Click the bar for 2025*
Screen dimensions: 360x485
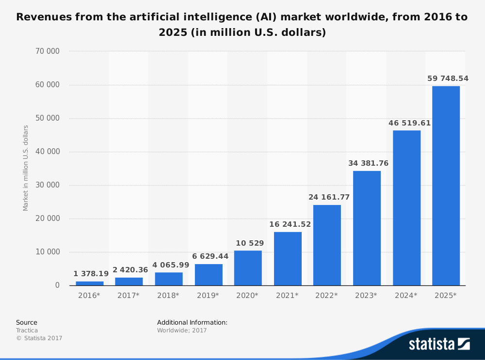tap(446, 186)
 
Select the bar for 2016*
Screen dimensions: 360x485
tap(90, 283)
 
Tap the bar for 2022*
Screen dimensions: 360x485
tap(327, 245)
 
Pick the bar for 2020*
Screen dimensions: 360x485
tap(248, 267)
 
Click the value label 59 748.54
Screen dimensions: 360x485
tap(448, 78)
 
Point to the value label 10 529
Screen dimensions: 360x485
tap(248, 243)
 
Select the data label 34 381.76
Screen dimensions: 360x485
tap(368, 163)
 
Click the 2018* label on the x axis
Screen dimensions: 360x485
tap(168, 295)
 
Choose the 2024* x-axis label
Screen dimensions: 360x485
tap(406, 295)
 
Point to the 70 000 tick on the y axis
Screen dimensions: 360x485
tap(48, 51)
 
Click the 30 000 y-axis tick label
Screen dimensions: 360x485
tap(48, 185)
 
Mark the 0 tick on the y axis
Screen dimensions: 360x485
tap(57, 285)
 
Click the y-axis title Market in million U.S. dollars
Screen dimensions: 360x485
tap(26, 168)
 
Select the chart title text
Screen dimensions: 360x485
tap(242, 25)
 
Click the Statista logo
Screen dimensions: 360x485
tap(439, 344)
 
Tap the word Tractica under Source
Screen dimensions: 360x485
tap(27, 330)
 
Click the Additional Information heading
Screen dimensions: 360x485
tap(192, 322)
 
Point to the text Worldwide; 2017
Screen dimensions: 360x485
tap(182, 330)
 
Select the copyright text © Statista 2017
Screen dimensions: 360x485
tap(39, 338)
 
